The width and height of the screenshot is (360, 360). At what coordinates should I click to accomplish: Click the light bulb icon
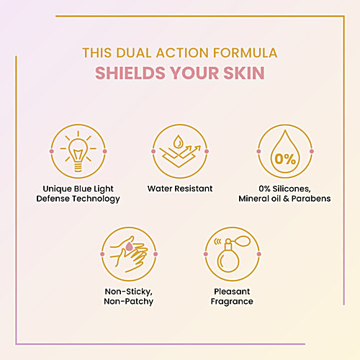(x=77, y=152)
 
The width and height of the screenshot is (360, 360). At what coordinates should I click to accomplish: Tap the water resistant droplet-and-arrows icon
(x=179, y=152)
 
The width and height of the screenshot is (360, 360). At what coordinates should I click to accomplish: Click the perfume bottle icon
(x=231, y=256)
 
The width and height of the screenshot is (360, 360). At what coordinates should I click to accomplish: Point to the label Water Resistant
(x=179, y=189)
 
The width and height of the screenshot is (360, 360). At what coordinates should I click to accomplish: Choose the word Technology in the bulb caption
(x=94, y=199)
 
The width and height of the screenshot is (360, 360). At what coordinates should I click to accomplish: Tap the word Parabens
(x=312, y=199)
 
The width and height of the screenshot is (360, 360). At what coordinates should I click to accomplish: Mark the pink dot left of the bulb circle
(x=50, y=152)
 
